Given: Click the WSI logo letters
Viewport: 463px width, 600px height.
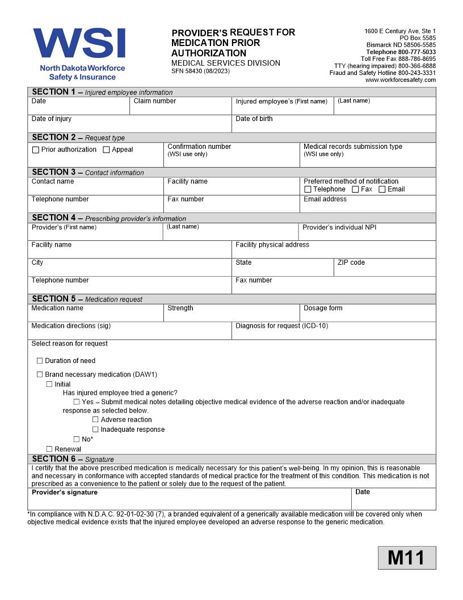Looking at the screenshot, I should tap(79, 43).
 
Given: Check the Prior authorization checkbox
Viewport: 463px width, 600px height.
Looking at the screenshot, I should tap(36, 150).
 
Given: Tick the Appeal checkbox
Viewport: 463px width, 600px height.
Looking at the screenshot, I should tap(106, 150).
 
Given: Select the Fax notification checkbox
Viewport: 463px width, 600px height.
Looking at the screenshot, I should tap(355, 189).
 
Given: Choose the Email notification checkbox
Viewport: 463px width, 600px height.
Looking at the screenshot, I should tap(382, 189).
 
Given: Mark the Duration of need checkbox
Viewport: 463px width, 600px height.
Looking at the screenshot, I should tap(40, 361).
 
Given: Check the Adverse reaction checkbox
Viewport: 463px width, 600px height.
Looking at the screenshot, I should tap(95, 420).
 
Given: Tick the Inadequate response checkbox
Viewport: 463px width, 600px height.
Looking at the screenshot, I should tap(95, 430).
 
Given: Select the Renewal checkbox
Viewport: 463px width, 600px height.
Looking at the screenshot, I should tap(49, 449).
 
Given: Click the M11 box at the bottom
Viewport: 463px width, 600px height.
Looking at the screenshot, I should tap(407, 557).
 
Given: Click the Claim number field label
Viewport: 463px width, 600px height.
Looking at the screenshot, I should tap(154, 101).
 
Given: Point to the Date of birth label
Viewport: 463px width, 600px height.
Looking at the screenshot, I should tap(254, 119).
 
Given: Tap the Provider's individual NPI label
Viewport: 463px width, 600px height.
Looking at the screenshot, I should tap(339, 227).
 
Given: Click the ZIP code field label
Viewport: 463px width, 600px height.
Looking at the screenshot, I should tap(351, 262).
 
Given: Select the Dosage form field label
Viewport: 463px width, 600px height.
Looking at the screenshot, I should tap(323, 308).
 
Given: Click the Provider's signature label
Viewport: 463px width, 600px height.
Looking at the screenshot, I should tap(64, 492).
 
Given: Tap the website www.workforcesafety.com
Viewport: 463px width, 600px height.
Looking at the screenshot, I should tap(400, 80).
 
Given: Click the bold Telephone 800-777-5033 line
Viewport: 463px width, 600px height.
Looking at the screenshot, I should tap(401, 52).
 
